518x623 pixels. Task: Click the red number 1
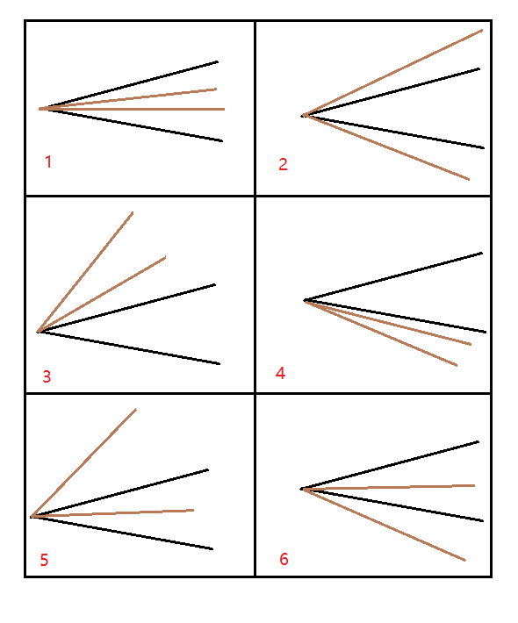pos(48,161)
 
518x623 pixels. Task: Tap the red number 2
pos(283,164)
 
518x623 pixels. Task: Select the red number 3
pos(47,376)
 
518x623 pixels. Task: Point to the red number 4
pos(280,373)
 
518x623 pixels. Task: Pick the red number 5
pos(44,560)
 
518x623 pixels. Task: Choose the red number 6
pos(284,559)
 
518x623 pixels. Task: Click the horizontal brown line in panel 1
pos(132,109)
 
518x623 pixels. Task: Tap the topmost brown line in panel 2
pos(392,73)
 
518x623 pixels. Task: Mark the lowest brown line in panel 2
pos(386,147)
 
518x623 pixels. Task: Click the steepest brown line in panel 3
pos(85,272)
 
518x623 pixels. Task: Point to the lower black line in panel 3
pos(129,347)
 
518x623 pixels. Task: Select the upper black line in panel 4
pos(393,276)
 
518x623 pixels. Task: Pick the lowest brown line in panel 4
pos(381,333)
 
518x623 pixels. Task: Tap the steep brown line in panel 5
pos(84,462)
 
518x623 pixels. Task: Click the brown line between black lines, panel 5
pos(112,513)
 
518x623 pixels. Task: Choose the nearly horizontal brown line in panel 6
pos(388,487)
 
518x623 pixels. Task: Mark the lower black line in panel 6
pos(392,505)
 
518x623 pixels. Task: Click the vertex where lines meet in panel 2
pos(304,116)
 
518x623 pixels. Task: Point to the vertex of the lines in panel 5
pos(32,517)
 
